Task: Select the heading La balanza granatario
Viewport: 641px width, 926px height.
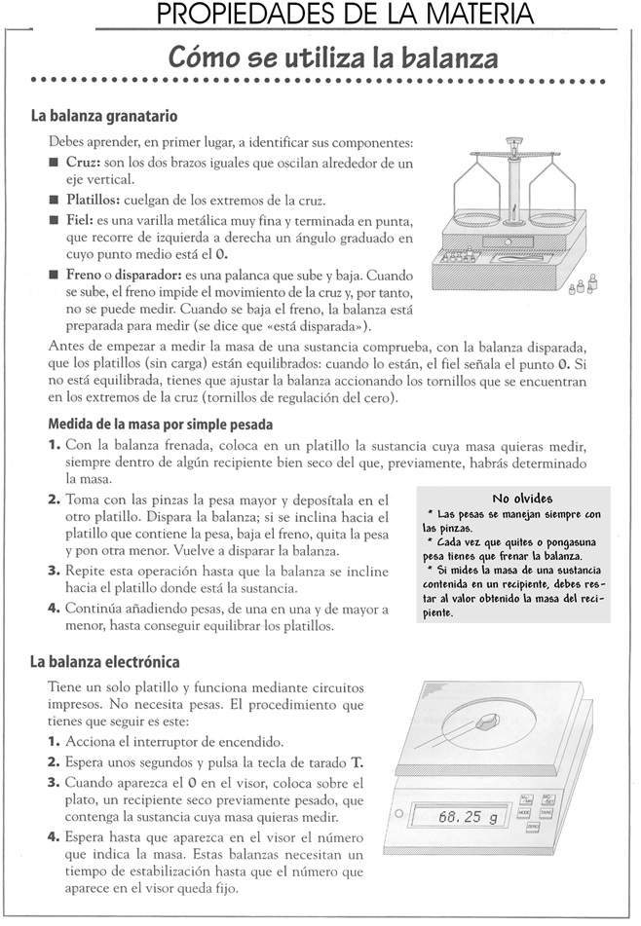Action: [103, 116]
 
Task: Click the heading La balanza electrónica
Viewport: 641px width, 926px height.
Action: [104, 663]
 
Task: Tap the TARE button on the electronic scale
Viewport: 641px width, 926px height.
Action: [546, 811]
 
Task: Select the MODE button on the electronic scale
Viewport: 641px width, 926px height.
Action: [524, 811]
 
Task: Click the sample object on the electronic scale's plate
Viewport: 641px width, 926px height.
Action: [487, 722]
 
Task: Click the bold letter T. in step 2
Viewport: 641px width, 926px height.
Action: [358, 762]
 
